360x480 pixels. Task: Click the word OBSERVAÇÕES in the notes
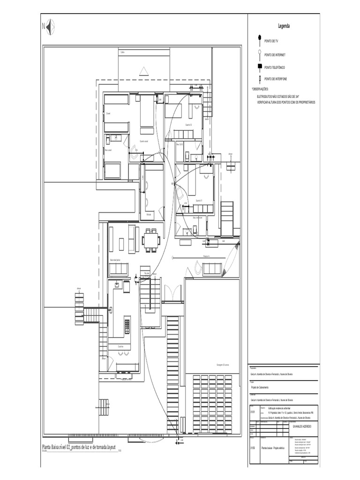click(x=260, y=89)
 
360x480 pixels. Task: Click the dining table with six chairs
click(x=151, y=240)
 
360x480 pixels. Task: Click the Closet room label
click(x=108, y=113)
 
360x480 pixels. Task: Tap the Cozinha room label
click(x=113, y=346)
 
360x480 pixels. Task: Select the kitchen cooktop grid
click(x=127, y=324)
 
